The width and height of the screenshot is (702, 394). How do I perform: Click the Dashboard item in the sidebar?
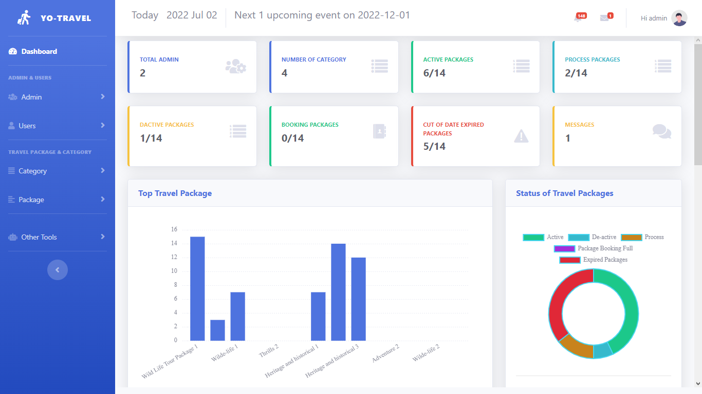coord(39,51)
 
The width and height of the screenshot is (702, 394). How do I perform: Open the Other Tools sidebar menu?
coord(39,237)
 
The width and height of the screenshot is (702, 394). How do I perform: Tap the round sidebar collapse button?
coord(58,270)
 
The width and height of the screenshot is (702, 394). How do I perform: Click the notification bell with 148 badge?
coord(578,18)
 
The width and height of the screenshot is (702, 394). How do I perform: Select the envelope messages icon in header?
coord(604,18)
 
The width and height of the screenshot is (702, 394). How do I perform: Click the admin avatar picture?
coord(679,18)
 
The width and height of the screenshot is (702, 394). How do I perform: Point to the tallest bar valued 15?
coord(197,288)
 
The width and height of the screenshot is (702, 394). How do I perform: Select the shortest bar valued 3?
coord(217,330)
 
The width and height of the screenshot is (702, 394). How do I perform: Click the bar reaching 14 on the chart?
coord(338,292)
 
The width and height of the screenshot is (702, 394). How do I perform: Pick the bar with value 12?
coord(358,299)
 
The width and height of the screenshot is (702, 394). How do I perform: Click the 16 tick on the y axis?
coord(174,229)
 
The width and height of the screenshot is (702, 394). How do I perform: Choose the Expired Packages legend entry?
coord(594,260)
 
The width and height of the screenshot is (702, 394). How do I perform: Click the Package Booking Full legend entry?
coord(594,248)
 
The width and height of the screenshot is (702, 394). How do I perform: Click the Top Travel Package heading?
coord(175,193)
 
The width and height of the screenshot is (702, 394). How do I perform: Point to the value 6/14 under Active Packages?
coord(434,73)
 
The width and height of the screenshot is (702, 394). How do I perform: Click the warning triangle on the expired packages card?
coord(521,136)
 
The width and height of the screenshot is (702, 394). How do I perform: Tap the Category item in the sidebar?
coord(32,171)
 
